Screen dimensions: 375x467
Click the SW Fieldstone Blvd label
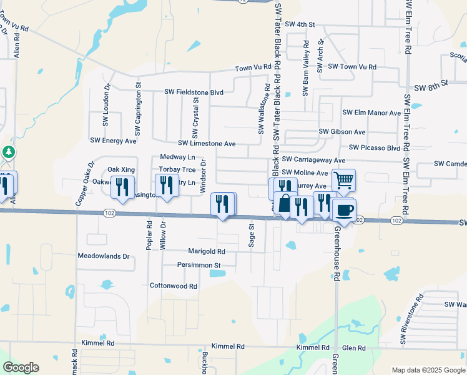click(194, 92)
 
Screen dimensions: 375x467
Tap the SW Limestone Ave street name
click(207, 144)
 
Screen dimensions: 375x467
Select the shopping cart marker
click(343, 180)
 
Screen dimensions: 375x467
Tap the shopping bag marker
click(285, 204)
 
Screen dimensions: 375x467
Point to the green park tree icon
click(8, 152)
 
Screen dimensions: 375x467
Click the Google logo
click(21, 367)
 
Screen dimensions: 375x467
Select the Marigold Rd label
click(206, 251)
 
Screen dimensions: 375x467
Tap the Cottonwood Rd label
click(174, 286)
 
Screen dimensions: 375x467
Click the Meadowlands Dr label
click(103, 256)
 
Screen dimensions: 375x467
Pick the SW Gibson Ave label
click(342, 132)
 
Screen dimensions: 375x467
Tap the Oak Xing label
click(121, 169)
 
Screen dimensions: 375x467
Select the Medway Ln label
click(177, 157)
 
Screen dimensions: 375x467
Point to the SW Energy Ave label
click(113, 141)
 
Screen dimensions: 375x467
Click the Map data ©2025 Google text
click(428, 370)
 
